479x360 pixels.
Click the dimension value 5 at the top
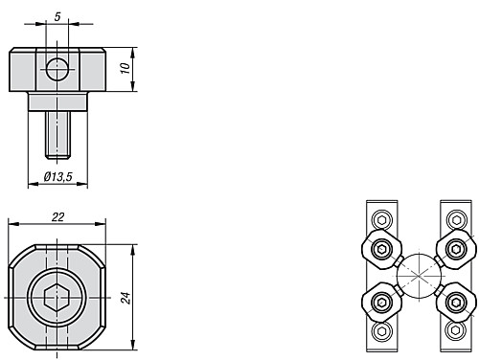[x=57, y=16]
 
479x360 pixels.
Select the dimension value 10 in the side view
[x=125, y=68]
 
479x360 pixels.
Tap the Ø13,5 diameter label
[x=58, y=176]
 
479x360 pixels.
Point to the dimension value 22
[x=57, y=217]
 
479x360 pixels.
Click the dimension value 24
[x=125, y=298]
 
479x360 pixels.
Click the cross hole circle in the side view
[x=57, y=69]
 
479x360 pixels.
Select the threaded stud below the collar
[x=57, y=135]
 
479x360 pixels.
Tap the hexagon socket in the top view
[x=57, y=298]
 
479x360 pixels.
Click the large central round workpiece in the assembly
[x=419, y=276]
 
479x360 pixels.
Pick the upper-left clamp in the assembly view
[x=382, y=249]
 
